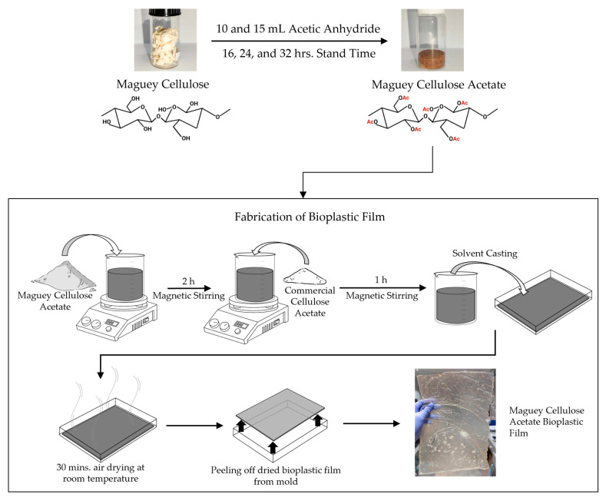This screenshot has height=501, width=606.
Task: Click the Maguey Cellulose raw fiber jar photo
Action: tap(165, 40)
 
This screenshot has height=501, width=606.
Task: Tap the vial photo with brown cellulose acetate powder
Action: tap(432, 40)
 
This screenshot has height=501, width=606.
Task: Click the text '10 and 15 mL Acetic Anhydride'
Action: tap(298, 29)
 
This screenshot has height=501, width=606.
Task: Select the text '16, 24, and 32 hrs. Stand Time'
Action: tap(299, 53)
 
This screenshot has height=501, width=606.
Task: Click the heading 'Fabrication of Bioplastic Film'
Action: tap(310, 217)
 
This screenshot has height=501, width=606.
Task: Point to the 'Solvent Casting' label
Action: tap(485, 254)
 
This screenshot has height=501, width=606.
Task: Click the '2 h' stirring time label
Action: tap(188, 281)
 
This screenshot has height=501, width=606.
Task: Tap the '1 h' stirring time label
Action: tap(381, 280)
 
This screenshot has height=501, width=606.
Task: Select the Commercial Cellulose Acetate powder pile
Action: tap(305, 276)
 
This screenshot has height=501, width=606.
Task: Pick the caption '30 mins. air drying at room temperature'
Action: tap(101, 473)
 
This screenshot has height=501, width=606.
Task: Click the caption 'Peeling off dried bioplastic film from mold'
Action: tap(276, 476)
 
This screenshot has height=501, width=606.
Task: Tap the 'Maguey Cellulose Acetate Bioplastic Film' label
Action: tap(547, 421)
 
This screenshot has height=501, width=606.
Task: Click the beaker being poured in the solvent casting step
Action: tap(455, 298)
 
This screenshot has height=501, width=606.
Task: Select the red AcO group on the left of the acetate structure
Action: tap(372, 121)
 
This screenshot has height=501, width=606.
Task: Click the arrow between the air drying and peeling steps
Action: tap(194, 426)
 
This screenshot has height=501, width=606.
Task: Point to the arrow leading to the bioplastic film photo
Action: tap(372, 423)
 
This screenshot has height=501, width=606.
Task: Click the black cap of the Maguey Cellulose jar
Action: tap(165, 13)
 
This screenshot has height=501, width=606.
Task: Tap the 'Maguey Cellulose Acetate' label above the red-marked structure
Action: tap(439, 85)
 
